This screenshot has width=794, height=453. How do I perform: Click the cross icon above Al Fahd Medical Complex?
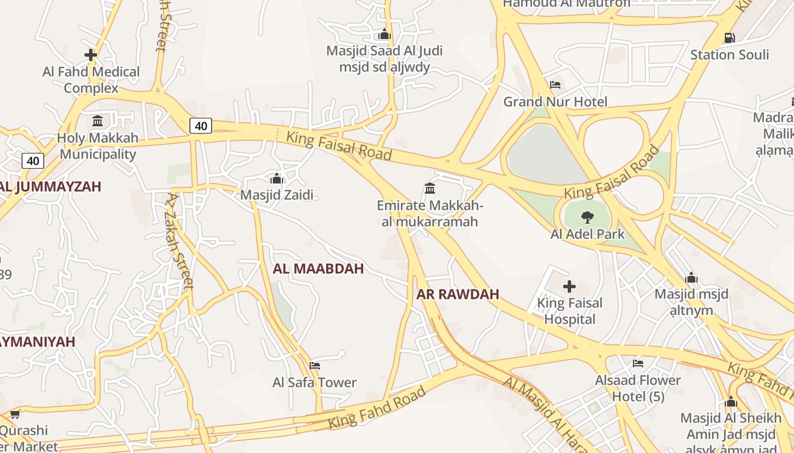point(91,55)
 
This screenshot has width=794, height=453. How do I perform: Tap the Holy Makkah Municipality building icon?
point(98,121)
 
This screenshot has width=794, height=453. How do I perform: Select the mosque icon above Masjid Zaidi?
point(277,179)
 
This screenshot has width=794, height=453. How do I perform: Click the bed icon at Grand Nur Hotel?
point(555,85)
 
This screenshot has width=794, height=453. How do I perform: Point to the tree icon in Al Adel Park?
point(588,217)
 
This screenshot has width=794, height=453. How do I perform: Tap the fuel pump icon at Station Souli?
point(729,38)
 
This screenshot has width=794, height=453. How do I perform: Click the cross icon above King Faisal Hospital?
point(569,287)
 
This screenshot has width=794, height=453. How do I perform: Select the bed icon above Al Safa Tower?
point(315,366)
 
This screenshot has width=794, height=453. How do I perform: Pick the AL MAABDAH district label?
point(318,269)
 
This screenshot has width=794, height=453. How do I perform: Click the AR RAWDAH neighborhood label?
point(458,294)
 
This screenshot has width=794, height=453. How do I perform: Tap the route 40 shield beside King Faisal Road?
point(201,126)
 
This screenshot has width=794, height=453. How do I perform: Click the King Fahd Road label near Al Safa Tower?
point(377,408)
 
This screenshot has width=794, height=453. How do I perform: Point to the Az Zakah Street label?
point(180,241)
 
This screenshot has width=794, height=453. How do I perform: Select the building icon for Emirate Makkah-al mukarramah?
point(430,188)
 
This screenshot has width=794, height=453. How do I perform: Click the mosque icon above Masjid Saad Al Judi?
point(385,35)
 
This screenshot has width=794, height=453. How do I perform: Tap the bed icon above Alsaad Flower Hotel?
point(638,364)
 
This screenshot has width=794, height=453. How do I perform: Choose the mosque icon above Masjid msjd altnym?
point(691,278)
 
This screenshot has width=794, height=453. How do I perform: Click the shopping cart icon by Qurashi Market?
point(15,414)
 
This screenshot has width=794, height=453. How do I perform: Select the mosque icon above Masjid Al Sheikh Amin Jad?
point(731,402)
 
